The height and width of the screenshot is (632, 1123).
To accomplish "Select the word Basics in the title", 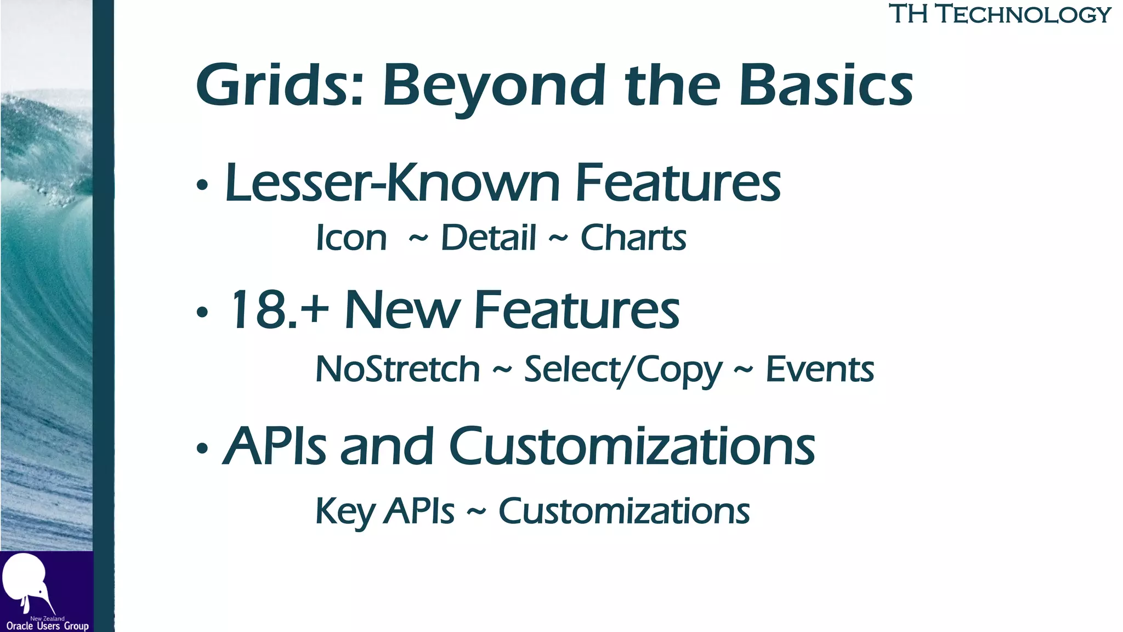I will [x=826, y=85].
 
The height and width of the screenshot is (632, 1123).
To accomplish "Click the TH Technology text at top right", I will [x=1000, y=14].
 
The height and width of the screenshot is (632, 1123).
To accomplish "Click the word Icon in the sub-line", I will [x=351, y=238].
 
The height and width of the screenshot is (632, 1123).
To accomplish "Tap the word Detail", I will [x=488, y=238].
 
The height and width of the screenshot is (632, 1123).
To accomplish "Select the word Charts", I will [x=633, y=238].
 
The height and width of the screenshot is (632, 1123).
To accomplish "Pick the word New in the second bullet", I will [x=402, y=310].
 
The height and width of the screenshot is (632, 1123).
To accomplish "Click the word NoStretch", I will [x=398, y=369].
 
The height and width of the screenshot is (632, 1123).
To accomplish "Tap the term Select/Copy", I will [x=623, y=370].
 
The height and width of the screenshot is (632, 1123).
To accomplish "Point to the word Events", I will [x=819, y=369].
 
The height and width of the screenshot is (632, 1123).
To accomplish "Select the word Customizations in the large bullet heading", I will [x=632, y=446].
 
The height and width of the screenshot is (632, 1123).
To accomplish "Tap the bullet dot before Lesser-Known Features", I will [x=202, y=185].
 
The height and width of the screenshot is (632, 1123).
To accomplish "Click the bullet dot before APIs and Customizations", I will [x=202, y=449].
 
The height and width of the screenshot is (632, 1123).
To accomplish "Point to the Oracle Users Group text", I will [x=47, y=626].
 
